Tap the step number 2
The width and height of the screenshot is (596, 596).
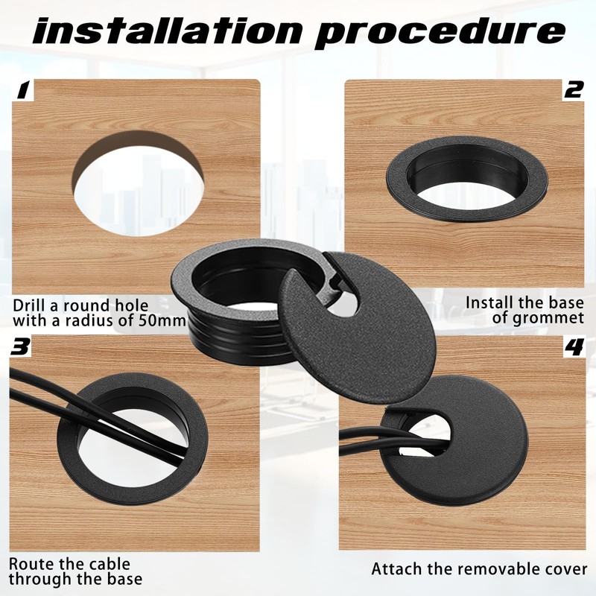(573, 91)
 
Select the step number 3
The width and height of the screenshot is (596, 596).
(22, 347)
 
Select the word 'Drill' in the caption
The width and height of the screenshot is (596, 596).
(31, 305)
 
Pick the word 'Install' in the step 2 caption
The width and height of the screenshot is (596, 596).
(488, 303)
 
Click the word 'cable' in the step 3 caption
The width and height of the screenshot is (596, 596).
(110, 564)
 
